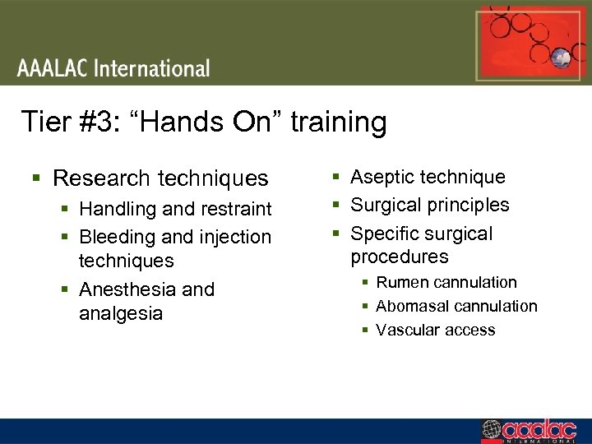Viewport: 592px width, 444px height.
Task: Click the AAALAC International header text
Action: (113, 68)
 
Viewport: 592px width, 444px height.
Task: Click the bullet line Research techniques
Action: (160, 178)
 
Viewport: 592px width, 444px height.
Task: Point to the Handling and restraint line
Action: (175, 210)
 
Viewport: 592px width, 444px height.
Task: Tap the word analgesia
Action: (121, 313)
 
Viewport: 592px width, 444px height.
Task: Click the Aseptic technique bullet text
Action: (428, 177)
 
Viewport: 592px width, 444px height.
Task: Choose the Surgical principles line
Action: (430, 205)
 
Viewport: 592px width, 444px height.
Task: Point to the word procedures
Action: (400, 257)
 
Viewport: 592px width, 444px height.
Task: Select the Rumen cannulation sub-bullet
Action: (446, 282)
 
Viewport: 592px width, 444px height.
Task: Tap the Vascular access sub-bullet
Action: (436, 330)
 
